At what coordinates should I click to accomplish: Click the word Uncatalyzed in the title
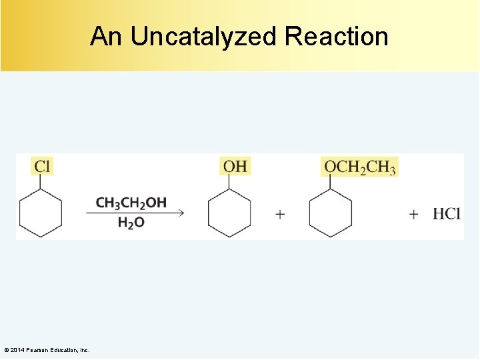coord(203,37)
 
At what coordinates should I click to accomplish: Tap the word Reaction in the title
coord(336,36)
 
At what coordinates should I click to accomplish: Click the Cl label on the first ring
coord(41,166)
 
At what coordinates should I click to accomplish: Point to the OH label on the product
coord(235,166)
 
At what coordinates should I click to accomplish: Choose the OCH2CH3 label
coord(360,166)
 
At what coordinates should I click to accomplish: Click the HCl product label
coord(447,214)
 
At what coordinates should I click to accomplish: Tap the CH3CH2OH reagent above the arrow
coord(131,202)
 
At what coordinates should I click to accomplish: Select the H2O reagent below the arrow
coord(131,223)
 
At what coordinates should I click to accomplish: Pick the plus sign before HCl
coord(414,214)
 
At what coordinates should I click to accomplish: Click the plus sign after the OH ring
coord(280,214)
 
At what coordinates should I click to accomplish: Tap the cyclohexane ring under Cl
coord(41,213)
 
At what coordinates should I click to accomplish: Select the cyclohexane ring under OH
coord(230,213)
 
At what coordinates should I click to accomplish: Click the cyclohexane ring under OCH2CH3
coord(331,213)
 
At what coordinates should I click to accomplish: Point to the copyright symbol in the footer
coord(6,350)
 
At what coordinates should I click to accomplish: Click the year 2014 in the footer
coord(16,350)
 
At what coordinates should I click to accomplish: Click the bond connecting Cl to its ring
coord(41,183)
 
